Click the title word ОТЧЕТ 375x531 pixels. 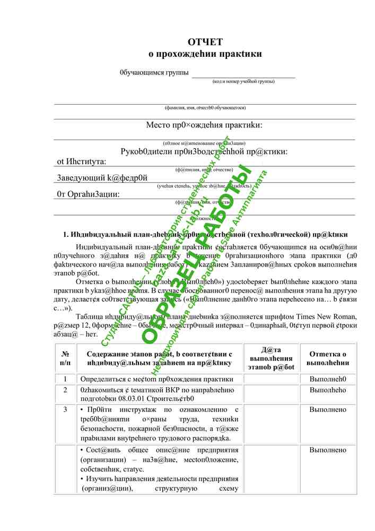click(205, 42)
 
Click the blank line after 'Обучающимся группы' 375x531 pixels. click(243, 74)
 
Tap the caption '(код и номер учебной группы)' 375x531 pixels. click(243, 81)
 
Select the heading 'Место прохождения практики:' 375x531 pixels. click(204, 125)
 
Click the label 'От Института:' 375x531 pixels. click(82, 161)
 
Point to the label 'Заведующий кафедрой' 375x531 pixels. click(102, 178)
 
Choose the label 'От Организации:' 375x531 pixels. click(88, 194)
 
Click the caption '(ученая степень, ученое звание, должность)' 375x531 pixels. click(204, 186)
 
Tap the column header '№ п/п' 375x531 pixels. click(66, 358)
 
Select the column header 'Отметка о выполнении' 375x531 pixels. click(328, 358)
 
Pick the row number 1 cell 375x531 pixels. click(65, 379)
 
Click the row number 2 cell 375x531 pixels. click(65, 390)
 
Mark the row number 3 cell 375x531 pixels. click(65, 409)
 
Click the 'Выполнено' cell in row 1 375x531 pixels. click(328, 379)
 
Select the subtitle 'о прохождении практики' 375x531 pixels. click(205, 54)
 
